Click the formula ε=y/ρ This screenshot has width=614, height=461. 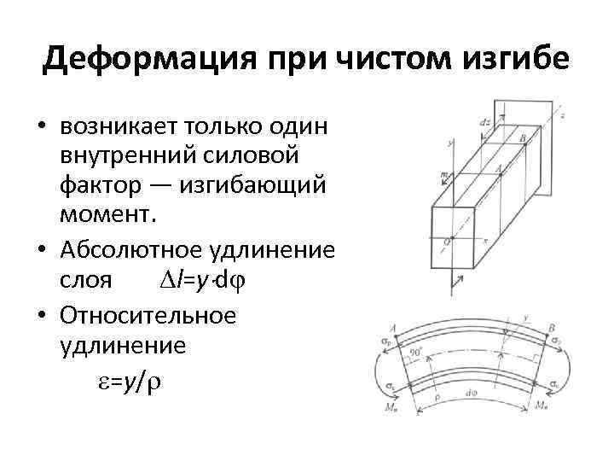tap(125, 384)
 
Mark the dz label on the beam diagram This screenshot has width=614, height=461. tap(484, 122)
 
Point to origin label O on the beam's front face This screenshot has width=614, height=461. tap(445, 242)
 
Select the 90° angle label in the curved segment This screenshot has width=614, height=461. tap(416, 350)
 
